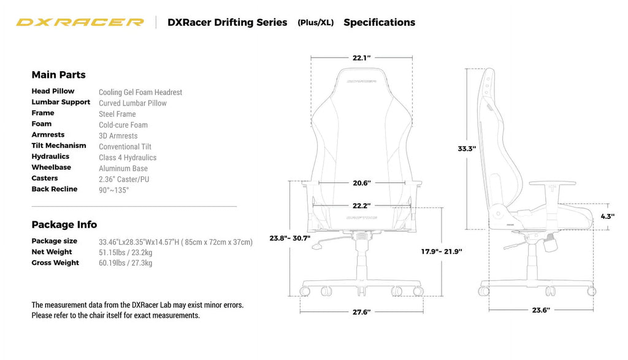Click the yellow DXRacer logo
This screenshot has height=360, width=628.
[80, 22]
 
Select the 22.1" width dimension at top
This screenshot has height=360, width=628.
[361, 58]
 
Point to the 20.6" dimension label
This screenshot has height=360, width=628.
[361, 183]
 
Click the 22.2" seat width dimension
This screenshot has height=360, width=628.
[361, 206]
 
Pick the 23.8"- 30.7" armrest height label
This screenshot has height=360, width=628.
[290, 238]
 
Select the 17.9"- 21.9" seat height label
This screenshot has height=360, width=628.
[442, 251]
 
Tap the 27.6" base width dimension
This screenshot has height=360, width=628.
[361, 312]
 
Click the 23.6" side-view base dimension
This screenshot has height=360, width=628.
[540, 310]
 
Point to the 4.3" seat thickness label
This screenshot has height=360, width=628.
[607, 216]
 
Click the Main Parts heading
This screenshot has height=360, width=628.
[58, 75]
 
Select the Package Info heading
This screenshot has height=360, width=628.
[64, 224]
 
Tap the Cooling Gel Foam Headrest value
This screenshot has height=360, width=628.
[140, 92]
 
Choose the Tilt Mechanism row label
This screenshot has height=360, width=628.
[59, 145]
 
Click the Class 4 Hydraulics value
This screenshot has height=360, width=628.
[128, 158]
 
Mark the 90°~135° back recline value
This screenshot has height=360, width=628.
[114, 190]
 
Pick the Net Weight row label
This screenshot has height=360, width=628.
[52, 252]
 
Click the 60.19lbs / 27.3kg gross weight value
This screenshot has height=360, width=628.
[126, 263]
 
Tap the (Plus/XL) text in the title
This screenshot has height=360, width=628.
[316, 23]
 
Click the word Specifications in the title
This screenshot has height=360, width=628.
[379, 22]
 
